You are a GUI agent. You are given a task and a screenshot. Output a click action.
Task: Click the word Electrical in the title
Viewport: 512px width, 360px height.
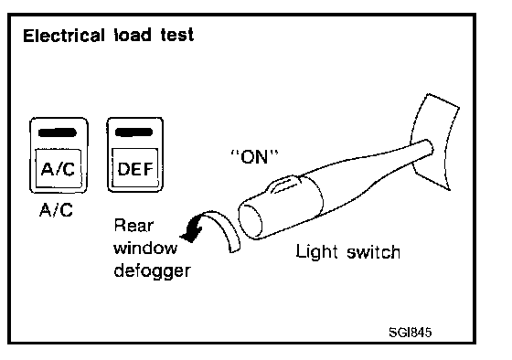[x=64, y=36]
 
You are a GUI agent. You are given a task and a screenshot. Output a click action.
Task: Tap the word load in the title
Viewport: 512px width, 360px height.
[x=133, y=35]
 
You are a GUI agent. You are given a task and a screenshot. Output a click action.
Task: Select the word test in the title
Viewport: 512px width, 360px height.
[x=177, y=35]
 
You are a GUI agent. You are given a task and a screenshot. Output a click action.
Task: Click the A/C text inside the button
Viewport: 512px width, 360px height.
[x=58, y=169]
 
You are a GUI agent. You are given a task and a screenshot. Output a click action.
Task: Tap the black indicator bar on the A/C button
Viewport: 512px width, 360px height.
[x=58, y=132]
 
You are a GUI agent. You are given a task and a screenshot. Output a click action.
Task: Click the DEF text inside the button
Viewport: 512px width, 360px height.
[x=135, y=169]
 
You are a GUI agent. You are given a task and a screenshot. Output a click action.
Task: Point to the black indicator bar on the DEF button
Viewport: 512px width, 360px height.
[x=133, y=132]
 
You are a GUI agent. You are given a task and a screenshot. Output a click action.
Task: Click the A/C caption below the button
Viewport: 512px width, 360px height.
[x=56, y=210]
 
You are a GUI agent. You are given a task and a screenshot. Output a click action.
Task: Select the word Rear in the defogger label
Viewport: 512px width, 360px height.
[x=133, y=225]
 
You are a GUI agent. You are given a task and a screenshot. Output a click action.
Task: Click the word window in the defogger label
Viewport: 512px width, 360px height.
[x=145, y=248]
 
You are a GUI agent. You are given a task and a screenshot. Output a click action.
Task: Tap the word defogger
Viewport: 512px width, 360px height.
[x=152, y=271]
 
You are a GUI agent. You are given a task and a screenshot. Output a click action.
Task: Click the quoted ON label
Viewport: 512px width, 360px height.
[x=254, y=156]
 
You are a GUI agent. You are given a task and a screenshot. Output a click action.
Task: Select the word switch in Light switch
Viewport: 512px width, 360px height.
[x=373, y=252]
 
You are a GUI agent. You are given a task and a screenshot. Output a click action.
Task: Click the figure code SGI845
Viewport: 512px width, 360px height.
[x=411, y=333]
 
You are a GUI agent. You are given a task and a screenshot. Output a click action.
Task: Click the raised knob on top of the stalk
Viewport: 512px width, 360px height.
[x=283, y=185]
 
